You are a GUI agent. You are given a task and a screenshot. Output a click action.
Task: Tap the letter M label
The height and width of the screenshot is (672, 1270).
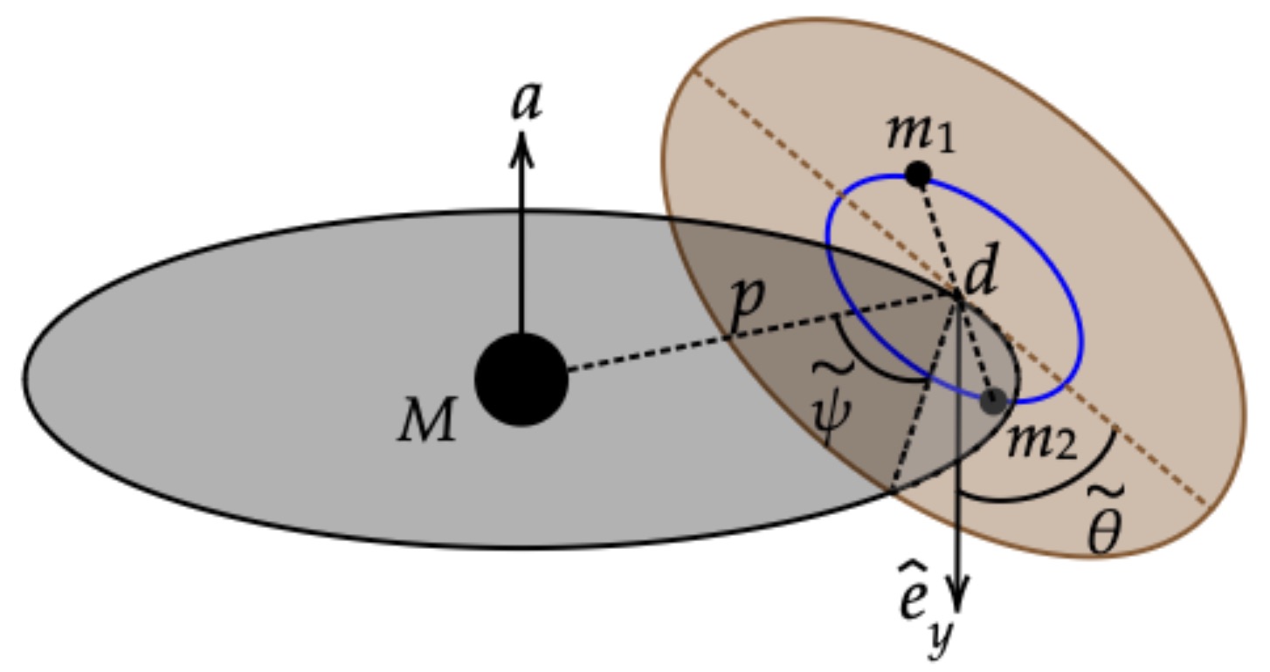(428, 422)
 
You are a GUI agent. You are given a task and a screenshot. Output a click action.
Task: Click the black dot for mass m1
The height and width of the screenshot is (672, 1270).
(917, 175)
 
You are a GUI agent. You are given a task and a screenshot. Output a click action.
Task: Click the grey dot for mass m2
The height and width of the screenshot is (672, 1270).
(992, 402)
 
